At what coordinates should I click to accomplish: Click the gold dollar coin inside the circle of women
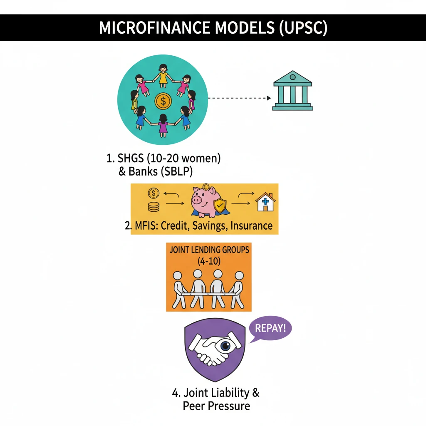163,101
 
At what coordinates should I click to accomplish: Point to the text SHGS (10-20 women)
163,159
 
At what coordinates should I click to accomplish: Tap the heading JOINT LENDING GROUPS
209,250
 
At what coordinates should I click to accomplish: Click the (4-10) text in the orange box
209,262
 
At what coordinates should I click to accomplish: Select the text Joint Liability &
215,392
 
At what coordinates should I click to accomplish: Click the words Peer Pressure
216,406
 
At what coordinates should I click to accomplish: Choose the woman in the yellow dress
163,75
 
